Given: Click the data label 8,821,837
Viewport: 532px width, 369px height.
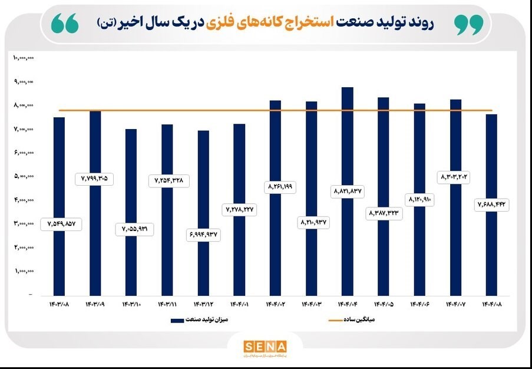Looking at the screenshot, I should coord(348,192).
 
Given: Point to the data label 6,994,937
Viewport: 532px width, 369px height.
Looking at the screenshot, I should coord(203,235).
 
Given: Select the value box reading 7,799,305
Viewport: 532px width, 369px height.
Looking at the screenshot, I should coord(95,179).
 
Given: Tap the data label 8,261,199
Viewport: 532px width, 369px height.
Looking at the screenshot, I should coord(275,187).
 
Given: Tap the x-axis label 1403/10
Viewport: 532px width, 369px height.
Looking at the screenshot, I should coord(131,304).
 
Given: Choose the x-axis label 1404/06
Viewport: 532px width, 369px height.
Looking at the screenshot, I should coord(419,304).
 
